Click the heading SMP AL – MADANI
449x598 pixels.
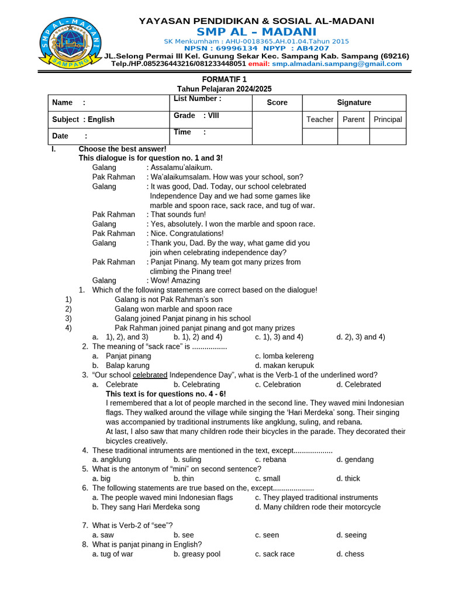256,32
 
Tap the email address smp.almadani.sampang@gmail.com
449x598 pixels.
337,64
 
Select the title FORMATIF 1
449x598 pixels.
224,79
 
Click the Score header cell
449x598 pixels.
277,102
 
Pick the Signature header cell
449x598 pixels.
354,102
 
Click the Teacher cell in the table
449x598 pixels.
320,119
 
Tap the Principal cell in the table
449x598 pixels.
388,119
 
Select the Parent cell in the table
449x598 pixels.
354,119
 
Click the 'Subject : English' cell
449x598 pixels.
84,119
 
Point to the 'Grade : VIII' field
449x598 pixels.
196,116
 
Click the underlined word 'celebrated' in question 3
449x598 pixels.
150,375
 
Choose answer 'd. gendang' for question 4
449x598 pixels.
355,460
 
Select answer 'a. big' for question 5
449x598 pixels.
102,478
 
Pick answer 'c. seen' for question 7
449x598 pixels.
267,535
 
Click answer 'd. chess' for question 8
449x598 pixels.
350,554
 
